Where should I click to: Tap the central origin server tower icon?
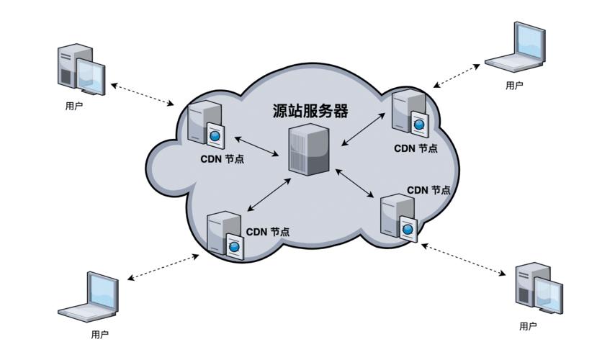309,148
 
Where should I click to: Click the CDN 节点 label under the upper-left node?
223,158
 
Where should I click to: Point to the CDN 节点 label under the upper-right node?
416,148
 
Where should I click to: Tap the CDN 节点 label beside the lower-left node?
268,232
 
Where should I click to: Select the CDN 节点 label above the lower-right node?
428,190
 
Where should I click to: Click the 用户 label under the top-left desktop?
73,106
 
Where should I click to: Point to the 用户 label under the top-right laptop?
514,85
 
